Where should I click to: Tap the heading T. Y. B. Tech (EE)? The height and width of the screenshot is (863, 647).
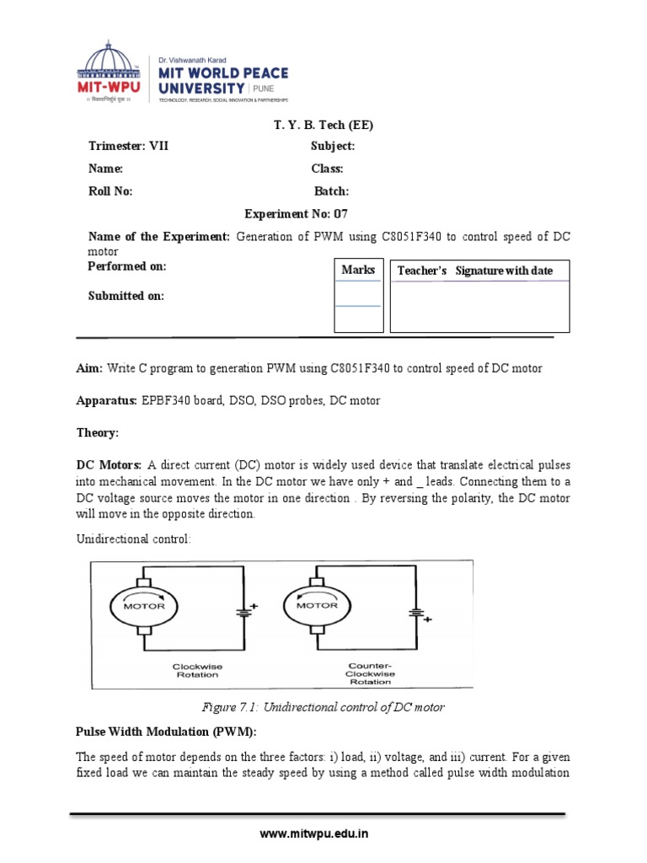[323, 126]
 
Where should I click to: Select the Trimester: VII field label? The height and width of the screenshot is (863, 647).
[129, 146]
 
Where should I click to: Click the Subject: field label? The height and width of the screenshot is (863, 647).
[332, 146]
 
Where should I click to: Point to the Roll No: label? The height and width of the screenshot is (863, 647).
[110, 191]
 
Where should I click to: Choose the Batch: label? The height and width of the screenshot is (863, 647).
[331, 191]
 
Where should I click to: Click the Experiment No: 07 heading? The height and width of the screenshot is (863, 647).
[295, 214]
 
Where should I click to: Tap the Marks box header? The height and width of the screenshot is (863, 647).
[358, 270]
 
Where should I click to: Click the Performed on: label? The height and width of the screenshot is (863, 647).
[127, 266]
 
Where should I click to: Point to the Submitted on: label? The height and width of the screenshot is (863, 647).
[126, 296]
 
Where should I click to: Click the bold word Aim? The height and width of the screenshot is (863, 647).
[89, 368]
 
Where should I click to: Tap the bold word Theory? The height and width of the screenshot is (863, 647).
[98, 432]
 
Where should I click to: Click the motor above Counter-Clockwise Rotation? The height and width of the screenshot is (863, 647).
[317, 606]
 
